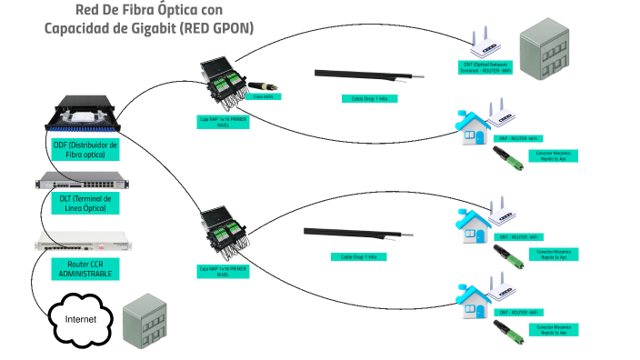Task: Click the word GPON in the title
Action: coord(230,29)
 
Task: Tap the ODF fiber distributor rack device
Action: coord(82,114)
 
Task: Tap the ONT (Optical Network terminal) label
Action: coord(486,69)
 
